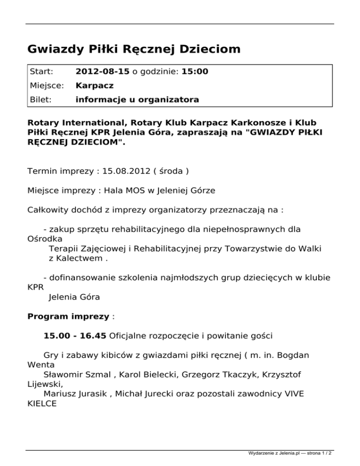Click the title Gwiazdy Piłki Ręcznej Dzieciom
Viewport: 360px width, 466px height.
(134, 49)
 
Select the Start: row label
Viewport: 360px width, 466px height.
(41, 72)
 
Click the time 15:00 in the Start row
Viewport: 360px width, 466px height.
(195, 72)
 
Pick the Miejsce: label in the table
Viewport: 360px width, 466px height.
(45, 86)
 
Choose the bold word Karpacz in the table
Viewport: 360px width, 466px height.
(95, 86)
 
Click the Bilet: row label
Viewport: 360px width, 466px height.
(41, 100)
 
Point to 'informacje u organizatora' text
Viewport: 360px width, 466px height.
(137, 100)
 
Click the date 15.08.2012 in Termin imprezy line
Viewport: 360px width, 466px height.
(123, 171)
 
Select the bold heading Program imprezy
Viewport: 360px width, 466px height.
(68, 316)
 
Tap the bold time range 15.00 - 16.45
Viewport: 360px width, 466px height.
(75, 336)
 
